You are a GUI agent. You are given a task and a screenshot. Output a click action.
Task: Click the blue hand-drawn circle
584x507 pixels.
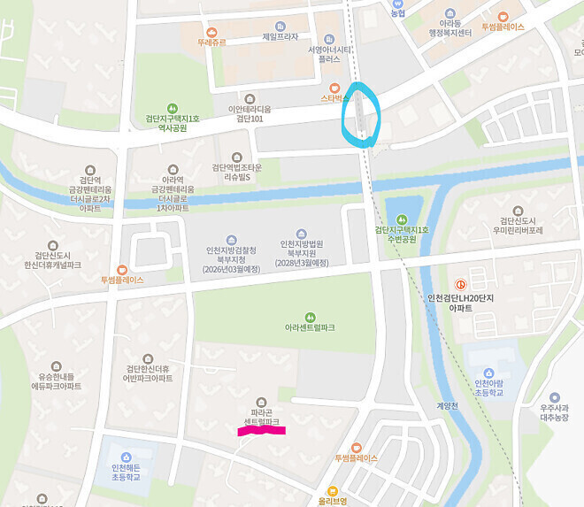coord(361,113)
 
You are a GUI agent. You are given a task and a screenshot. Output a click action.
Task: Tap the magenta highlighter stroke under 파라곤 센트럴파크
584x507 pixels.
coord(261,431)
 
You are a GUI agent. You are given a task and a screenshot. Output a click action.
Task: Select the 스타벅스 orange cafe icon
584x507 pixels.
coord(334,88)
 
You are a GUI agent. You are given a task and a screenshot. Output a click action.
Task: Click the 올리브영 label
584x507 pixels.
coord(332,501)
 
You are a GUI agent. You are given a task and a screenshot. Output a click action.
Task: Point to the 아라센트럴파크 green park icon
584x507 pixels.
coord(310,316)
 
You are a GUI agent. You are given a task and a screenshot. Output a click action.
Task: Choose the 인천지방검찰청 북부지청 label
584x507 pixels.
coord(231,257)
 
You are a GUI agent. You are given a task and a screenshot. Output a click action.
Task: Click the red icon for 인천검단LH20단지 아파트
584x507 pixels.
coord(459,270)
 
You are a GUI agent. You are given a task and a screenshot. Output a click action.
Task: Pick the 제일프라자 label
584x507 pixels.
coord(280,36)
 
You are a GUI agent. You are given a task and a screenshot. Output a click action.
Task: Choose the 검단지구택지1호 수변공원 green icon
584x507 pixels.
coord(402,219)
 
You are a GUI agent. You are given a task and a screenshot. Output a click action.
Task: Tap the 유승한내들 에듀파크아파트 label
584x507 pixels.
coord(57,381)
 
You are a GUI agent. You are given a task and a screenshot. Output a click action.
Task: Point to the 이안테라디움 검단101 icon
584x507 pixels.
coord(249,98)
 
